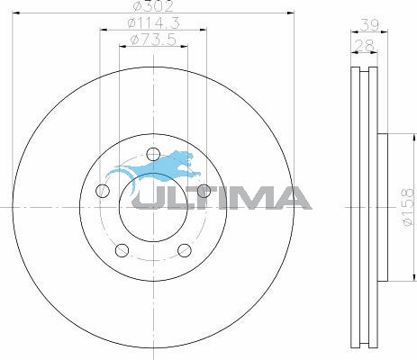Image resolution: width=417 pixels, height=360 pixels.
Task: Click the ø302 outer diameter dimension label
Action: click(153, 6)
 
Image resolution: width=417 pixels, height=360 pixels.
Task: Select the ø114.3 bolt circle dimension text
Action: click(153, 23)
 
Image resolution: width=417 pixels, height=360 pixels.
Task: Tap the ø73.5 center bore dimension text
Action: click(153, 40)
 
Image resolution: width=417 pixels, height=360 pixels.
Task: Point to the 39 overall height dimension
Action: click(369, 25)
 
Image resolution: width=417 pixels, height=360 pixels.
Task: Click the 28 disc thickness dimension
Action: click(364, 46)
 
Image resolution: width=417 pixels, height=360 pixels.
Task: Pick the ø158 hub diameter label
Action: click(408, 207)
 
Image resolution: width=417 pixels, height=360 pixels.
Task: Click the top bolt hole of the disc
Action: click(153, 154)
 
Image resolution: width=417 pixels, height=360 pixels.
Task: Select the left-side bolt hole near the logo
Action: click(103, 191)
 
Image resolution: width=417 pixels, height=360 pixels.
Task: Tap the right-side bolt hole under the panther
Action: click(204, 191)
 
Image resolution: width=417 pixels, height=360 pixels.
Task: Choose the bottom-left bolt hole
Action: click(122, 250)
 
